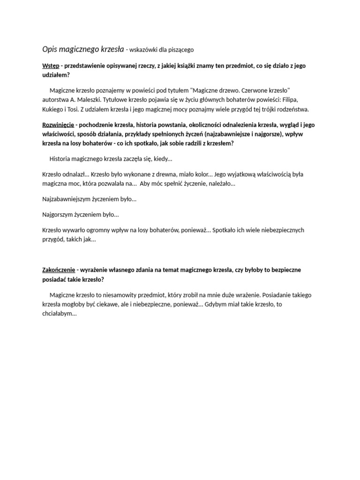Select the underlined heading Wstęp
click(x=51, y=66)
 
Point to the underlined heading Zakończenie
click(x=59, y=270)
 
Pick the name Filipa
click(x=288, y=100)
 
